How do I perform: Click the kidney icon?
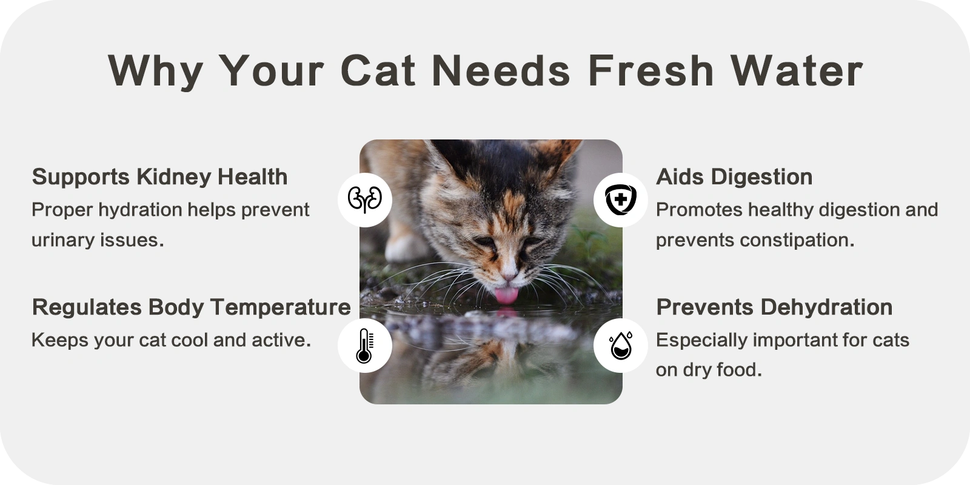[364, 199]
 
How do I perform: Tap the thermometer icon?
[364, 346]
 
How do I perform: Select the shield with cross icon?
[621, 199]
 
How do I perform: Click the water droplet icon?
[621, 346]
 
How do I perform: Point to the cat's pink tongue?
[506, 295]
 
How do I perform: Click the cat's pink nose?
[509, 275]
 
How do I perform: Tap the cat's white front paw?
[403, 249]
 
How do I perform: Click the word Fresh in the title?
[651, 70]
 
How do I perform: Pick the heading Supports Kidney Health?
[160, 176]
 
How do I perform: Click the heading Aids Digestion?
[734, 176]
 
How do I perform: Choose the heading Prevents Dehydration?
[774, 307]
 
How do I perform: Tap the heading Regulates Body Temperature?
[192, 307]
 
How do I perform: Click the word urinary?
[63, 240]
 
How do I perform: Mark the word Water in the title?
[797, 70]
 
